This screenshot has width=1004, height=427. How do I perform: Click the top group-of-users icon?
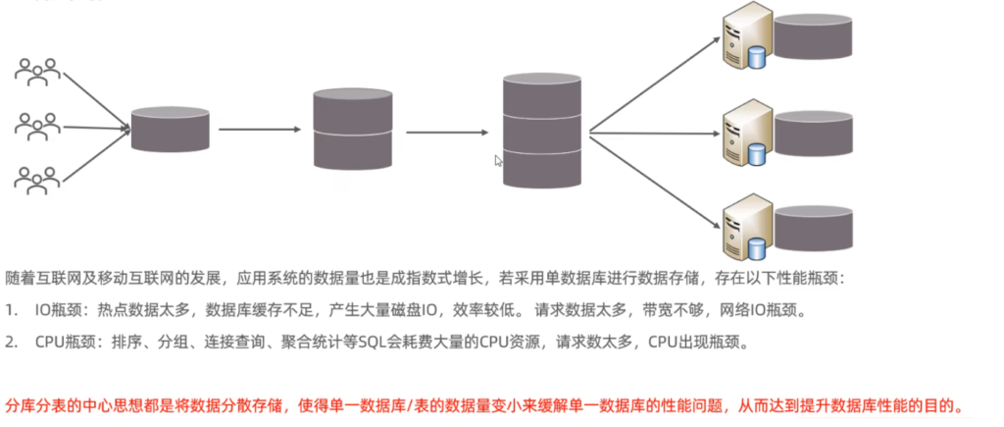pos(38,71)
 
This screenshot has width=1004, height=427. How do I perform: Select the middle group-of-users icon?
pos(38,124)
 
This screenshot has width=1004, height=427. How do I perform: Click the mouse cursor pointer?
pos(499,161)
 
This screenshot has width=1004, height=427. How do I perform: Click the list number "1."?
pos(12,311)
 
